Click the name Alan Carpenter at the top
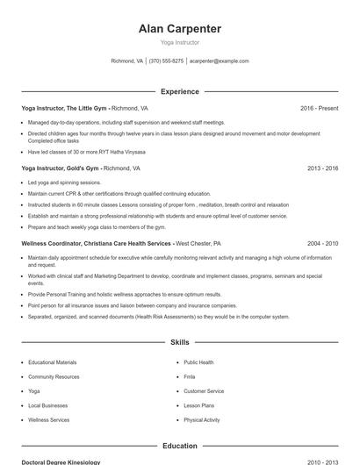(x=180, y=28)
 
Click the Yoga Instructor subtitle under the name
(x=180, y=42)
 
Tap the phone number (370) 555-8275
(x=166, y=61)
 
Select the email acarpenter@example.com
(x=220, y=61)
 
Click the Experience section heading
(x=180, y=91)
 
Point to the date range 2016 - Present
(x=319, y=108)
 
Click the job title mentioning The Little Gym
(x=64, y=108)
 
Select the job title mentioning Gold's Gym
(x=61, y=167)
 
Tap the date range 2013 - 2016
(x=322, y=167)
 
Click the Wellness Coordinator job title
(x=97, y=243)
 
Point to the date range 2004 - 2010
(x=322, y=243)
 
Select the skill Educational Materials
(x=53, y=361)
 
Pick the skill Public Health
(x=198, y=361)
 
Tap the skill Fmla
(x=190, y=376)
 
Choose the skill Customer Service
(x=204, y=390)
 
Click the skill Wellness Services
(x=49, y=419)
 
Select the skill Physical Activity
(x=202, y=419)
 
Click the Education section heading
(x=180, y=446)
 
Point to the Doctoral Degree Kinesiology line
(x=61, y=461)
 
